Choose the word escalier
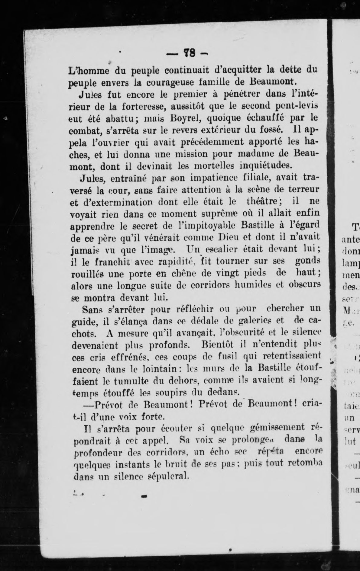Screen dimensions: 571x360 (x=222, y=249)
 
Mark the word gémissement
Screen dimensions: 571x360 (x=274, y=428)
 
